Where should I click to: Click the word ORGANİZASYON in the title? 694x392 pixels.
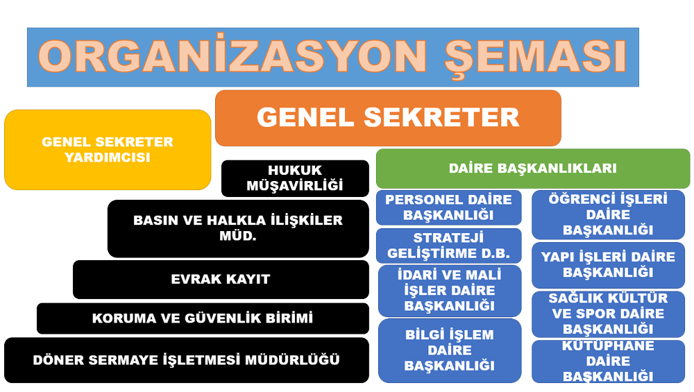click(x=232, y=56)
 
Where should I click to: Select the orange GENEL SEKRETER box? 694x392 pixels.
click(x=388, y=118)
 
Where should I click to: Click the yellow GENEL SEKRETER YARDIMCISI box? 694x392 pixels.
click(x=108, y=150)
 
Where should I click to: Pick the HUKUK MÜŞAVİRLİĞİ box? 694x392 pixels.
click(x=295, y=178)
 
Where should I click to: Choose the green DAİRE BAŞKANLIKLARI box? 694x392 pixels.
click(x=533, y=169)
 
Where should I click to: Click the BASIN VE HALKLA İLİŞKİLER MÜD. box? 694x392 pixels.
click(x=238, y=228)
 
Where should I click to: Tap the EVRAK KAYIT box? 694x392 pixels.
click(x=221, y=279)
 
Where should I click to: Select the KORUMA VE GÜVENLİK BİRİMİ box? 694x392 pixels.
click(x=203, y=318)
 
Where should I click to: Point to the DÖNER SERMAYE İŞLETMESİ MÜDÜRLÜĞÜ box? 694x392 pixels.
click(x=187, y=360)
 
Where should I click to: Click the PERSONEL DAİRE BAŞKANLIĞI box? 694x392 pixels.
click(x=449, y=207)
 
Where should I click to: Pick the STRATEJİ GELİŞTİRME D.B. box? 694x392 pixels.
click(x=449, y=246)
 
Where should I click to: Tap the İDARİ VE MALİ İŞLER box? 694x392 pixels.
click(x=450, y=291)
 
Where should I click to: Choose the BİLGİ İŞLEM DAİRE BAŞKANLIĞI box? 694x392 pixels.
click(x=450, y=350)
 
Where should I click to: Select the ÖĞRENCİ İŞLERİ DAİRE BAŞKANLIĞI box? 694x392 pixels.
click(x=608, y=214)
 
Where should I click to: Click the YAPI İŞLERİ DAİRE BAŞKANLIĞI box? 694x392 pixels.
click(x=608, y=264)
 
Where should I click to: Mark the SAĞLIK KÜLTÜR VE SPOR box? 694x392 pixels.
click(x=608, y=314)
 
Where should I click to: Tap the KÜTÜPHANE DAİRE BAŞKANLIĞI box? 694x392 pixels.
click(x=608, y=361)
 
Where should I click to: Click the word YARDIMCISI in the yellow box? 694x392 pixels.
click(x=108, y=157)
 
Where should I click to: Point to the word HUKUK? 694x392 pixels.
click(x=295, y=171)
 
